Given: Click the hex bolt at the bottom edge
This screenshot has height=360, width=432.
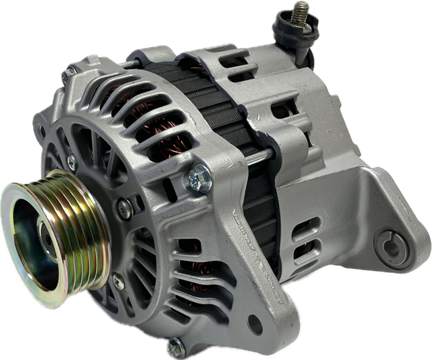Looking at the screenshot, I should click(x=174, y=347).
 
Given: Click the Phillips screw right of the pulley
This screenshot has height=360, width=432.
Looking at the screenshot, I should click(x=123, y=208).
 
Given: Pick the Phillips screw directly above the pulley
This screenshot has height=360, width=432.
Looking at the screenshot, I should click(x=71, y=161).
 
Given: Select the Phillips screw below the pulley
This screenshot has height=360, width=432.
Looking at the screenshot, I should click(x=119, y=282).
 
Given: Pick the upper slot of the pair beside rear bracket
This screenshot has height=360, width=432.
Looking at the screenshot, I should click(x=305, y=225).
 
